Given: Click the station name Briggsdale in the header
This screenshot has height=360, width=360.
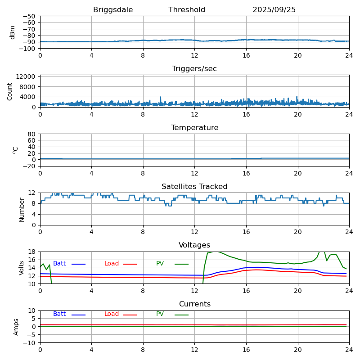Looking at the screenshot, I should coord(113,10).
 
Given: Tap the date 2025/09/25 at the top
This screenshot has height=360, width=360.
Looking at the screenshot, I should coord(274,10).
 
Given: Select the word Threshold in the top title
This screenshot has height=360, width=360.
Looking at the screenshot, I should coord(187,10).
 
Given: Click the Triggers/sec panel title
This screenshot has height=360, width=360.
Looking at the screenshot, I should coord(194,69).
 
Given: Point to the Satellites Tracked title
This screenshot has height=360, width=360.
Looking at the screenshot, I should coord(194,187).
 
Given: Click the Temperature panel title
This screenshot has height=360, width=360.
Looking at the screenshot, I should coord(194,128).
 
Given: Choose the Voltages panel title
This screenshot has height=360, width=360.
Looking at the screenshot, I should coord(194,245).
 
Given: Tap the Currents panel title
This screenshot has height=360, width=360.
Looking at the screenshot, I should coord(194,304).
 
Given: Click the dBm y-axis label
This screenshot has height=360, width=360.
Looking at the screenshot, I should coord(13,32).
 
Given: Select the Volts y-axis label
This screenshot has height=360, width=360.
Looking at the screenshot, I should coord(22,268).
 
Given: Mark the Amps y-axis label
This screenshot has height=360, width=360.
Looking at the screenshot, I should coord(16,327).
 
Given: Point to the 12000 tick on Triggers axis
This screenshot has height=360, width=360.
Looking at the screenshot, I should coord(27,77).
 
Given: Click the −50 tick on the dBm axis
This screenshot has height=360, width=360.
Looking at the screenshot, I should coord(29,16).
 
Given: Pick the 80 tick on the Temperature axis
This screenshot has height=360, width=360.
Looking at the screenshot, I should coord(32,134).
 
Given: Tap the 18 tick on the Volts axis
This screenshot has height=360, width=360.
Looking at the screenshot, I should coord(32,252).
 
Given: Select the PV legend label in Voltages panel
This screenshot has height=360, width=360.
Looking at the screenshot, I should coord(160,264).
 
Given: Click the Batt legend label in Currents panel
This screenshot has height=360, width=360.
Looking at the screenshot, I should coord(59,314).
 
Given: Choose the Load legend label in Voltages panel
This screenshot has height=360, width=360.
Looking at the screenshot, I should coord(112,264).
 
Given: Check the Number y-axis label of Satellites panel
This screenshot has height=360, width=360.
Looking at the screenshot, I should coord(22,209).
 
